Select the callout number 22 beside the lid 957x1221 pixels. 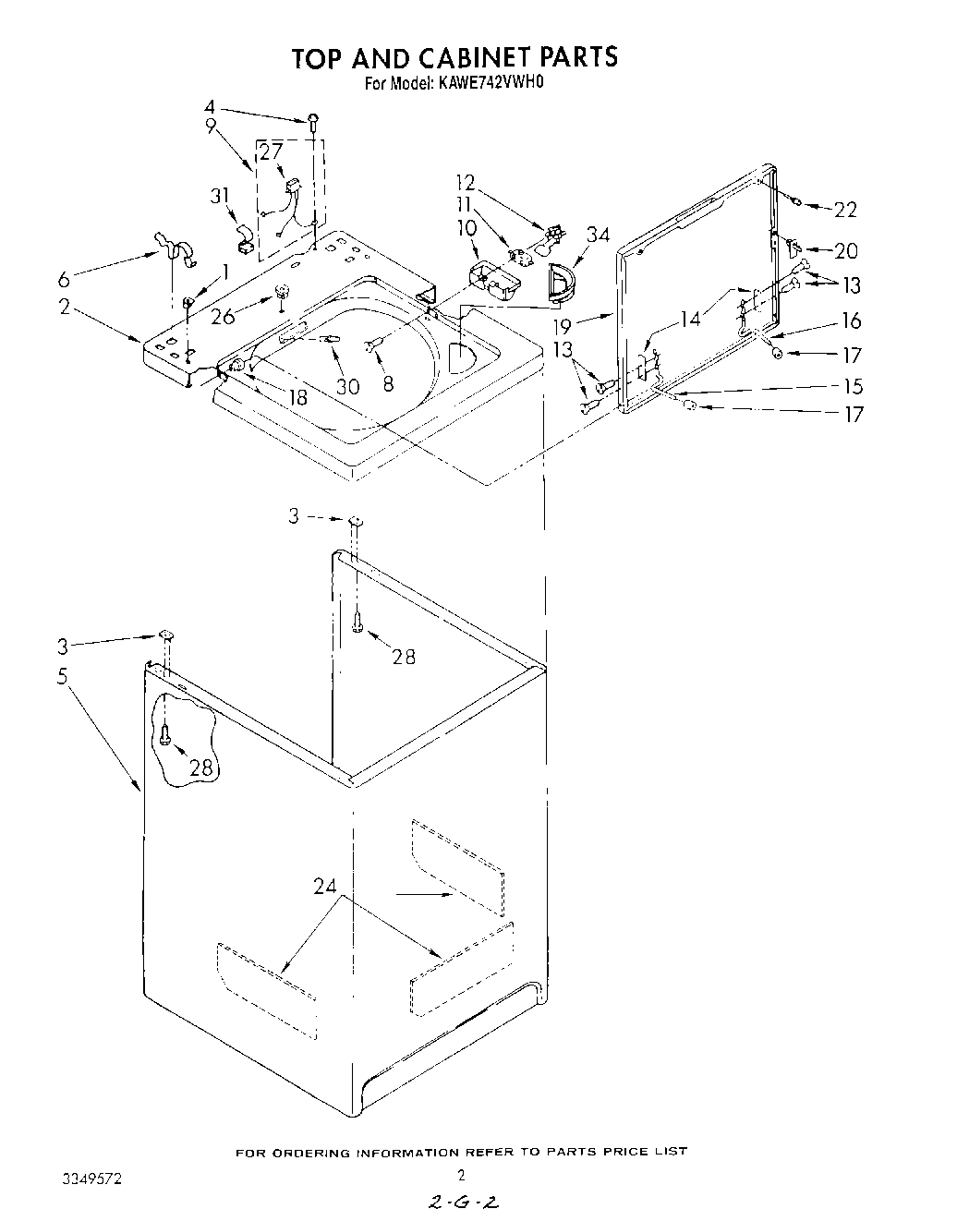(844, 211)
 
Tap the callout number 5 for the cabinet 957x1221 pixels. (62, 676)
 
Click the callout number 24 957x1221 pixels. (324, 888)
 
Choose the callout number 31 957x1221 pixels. (219, 197)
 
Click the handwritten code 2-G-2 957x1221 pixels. (465, 1202)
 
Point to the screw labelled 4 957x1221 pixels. (314, 118)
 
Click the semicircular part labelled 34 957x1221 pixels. (560, 282)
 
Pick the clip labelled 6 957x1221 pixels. (174, 248)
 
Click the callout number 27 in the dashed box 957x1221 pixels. (270, 152)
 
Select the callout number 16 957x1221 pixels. (851, 320)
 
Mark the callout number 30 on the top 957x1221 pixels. (347, 387)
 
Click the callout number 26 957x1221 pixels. (223, 316)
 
